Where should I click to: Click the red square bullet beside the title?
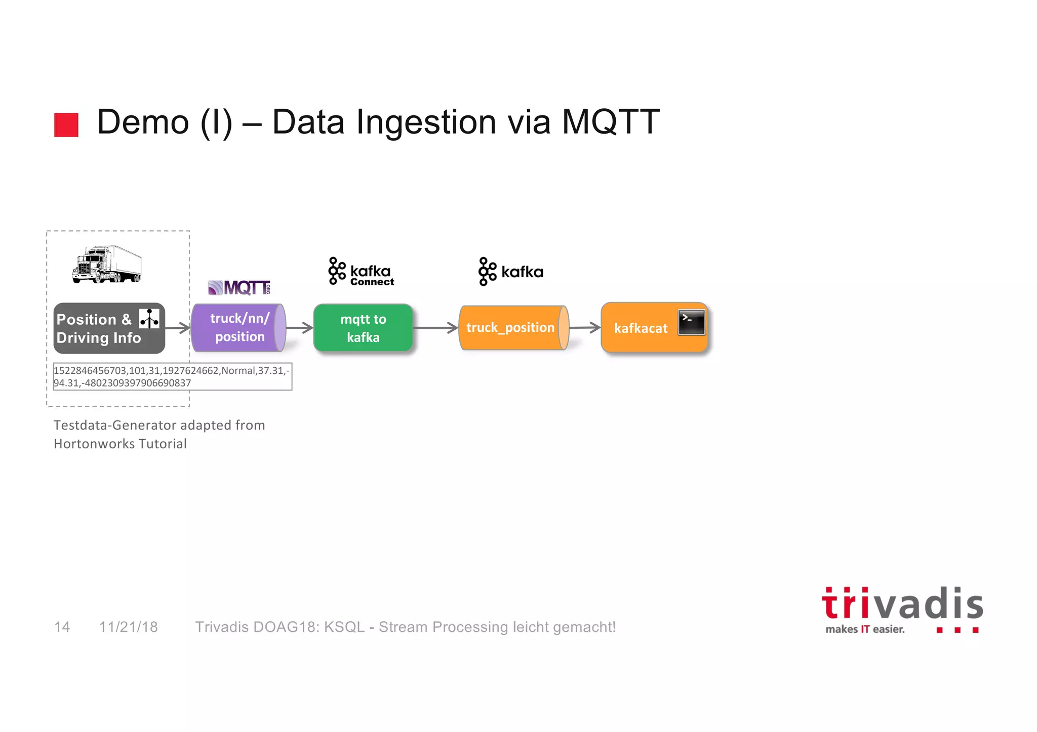(66, 125)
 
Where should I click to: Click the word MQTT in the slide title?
(610, 122)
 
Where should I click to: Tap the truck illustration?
(107, 265)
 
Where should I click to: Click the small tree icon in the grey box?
(149, 319)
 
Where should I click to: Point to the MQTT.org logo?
(240, 288)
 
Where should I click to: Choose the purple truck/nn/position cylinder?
(238, 328)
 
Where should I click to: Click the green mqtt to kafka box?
(363, 328)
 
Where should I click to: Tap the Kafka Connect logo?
(361, 272)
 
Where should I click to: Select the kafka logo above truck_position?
(510, 272)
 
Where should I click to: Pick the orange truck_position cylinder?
(511, 328)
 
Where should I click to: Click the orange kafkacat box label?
(641, 328)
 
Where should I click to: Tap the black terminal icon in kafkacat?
(692, 323)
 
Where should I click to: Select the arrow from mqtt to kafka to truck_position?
(435, 328)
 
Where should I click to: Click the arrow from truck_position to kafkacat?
(585, 328)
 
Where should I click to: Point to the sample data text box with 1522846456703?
(172, 376)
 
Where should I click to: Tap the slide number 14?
(62, 627)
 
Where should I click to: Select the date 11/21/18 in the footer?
(129, 627)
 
